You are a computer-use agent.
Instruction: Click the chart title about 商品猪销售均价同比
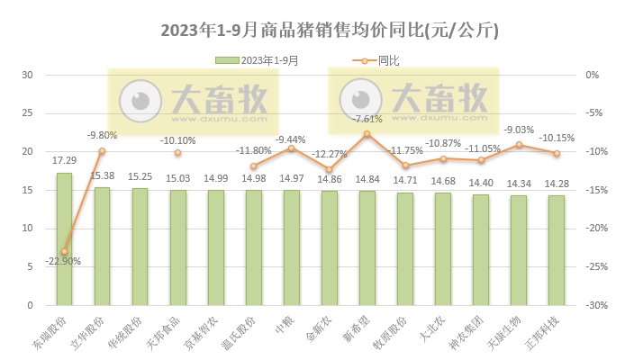330,31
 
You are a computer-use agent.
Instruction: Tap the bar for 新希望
367,247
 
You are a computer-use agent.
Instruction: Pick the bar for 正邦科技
557,250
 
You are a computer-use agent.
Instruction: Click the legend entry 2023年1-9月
258,60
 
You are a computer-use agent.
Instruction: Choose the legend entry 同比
376,60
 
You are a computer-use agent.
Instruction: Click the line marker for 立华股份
102,150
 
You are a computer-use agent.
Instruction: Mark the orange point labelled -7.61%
367,133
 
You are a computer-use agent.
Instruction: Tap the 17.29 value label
64,160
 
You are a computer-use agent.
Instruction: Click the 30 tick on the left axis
27,75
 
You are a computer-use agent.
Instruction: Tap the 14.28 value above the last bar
557,184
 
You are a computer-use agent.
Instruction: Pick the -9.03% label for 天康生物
520,130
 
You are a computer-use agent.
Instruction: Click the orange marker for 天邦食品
177,152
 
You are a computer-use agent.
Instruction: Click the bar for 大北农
443,248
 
